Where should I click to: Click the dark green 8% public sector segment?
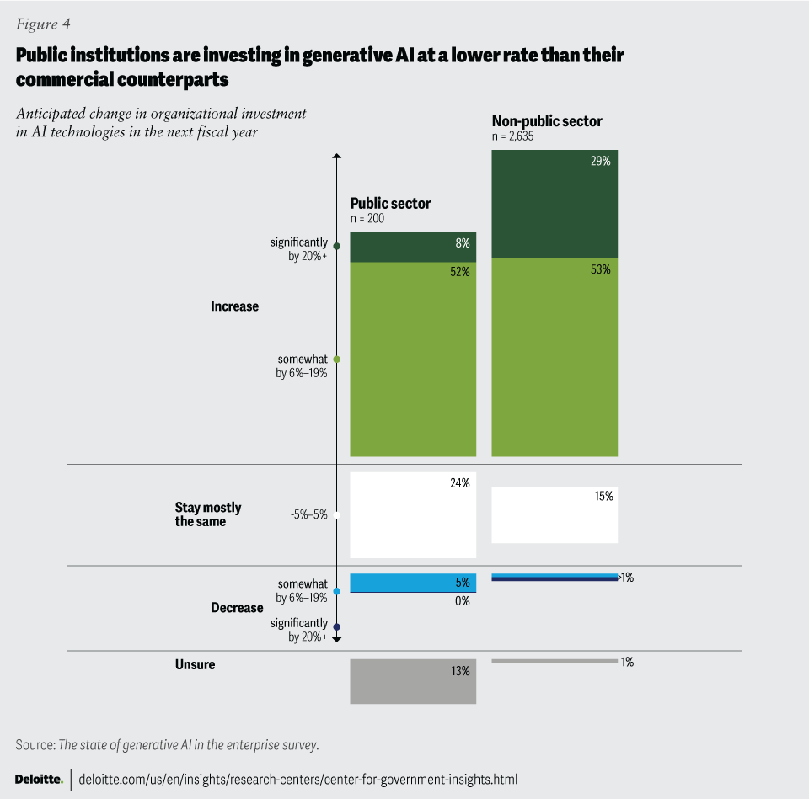413,248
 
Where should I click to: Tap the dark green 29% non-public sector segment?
555,204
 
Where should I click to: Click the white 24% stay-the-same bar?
413,515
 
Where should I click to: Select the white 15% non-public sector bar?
555,515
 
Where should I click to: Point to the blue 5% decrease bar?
413,582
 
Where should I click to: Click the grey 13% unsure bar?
413,681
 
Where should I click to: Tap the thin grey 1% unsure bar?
555,661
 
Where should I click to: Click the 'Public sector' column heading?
390,204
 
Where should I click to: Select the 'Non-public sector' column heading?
547,121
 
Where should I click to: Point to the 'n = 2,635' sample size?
513,136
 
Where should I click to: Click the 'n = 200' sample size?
367,218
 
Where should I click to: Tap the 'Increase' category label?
234,306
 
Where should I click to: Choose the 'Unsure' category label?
195,664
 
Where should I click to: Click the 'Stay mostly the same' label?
207,514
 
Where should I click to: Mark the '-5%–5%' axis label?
308,515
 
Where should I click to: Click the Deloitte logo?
39,780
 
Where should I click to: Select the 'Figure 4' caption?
42,24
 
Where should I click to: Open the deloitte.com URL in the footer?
297,780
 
